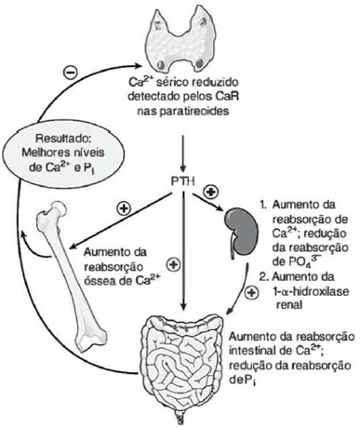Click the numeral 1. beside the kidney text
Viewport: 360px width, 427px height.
click(x=263, y=197)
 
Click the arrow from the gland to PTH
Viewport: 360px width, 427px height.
click(x=181, y=149)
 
